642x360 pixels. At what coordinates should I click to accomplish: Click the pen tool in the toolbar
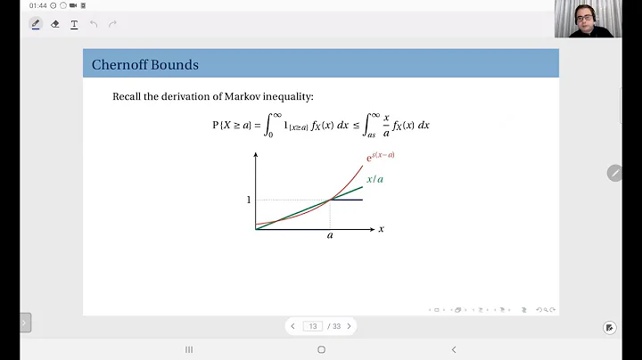[36, 24]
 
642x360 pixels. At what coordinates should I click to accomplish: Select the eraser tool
[55, 24]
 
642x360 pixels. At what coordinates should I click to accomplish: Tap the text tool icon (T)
[74, 24]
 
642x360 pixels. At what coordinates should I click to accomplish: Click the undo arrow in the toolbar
[94, 24]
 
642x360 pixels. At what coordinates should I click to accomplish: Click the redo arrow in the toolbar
[112, 24]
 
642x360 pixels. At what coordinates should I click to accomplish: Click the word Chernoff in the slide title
[120, 65]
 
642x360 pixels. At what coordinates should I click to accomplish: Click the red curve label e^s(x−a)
[381, 157]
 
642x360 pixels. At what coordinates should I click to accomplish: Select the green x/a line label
[375, 179]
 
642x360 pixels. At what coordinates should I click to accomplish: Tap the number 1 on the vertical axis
[249, 200]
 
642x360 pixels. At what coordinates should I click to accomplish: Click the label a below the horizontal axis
[330, 236]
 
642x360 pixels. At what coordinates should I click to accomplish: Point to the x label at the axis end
[381, 229]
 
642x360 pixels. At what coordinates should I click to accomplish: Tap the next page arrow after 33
[349, 326]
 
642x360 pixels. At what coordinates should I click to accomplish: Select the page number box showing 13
[313, 326]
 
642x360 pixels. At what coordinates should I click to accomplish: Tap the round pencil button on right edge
[614, 173]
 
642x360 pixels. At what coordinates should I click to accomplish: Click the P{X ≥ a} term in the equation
[232, 126]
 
